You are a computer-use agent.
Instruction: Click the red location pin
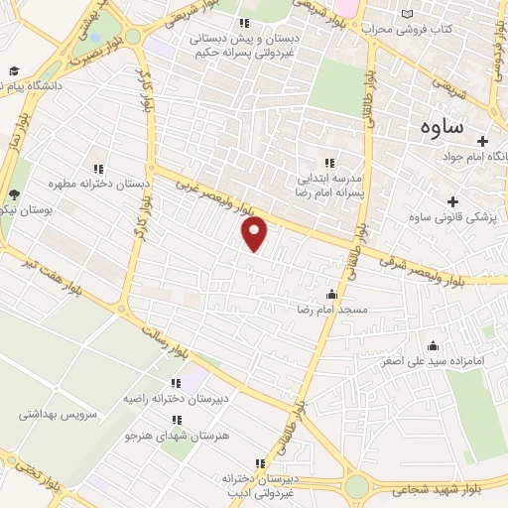tap(256, 233)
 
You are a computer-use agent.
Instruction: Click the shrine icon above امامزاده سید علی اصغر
tap(433, 346)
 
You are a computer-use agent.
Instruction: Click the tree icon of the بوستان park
tap(14, 195)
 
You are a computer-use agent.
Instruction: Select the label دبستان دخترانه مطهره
tap(98, 184)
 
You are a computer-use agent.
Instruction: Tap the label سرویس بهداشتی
tap(57, 414)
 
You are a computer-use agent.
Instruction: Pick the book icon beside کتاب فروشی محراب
tap(407, 14)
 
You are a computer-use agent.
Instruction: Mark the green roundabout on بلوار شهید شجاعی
tap(357, 486)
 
